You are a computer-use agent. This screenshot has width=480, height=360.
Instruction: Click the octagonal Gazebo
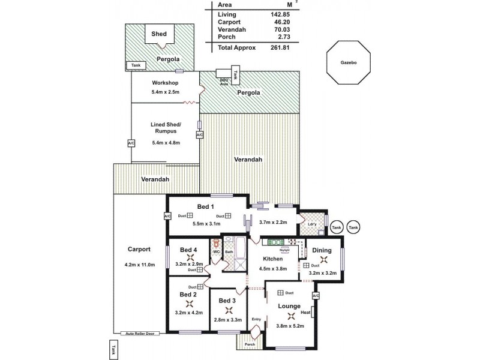coord(348,62)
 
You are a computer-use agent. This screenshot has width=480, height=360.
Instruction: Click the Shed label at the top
coord(159,35)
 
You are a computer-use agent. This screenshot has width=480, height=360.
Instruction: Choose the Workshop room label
coord(166,82)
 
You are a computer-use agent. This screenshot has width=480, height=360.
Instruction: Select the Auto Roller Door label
coord(140,333)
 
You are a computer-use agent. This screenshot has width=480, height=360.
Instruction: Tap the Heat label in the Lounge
coord(305,313)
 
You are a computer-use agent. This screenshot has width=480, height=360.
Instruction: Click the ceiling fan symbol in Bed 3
coord(228,310)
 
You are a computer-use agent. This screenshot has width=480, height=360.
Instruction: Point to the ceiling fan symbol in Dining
coord(324,260)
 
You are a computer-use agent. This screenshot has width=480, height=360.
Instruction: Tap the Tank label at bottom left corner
coord(113,349)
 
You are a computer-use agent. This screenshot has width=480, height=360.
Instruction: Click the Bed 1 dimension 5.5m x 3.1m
coord(206,224)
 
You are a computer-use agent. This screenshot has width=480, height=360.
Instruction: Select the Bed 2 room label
coord(188,295)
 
